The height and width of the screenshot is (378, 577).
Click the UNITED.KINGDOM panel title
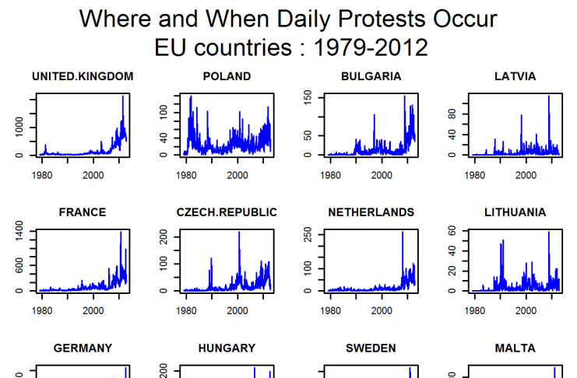coord(83,76)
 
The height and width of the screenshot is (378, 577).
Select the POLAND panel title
coord(227,76)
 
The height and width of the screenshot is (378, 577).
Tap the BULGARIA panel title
coord(371,76)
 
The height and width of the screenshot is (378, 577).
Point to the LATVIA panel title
coord(515,76)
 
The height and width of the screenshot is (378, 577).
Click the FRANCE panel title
coord(83,212)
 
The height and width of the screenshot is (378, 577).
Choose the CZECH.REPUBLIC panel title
coord(227,212)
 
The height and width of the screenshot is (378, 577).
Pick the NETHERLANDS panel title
coord(371,212)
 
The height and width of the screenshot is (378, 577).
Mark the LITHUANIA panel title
coord(515,212)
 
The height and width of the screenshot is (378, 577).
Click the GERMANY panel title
coord(83,348)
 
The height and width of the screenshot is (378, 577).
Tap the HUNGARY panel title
coord(227,348)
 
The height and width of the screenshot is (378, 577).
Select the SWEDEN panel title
coord(371,348)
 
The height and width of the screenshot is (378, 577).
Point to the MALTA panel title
coord(515,348)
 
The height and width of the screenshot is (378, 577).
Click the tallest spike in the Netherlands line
coord(403,233)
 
